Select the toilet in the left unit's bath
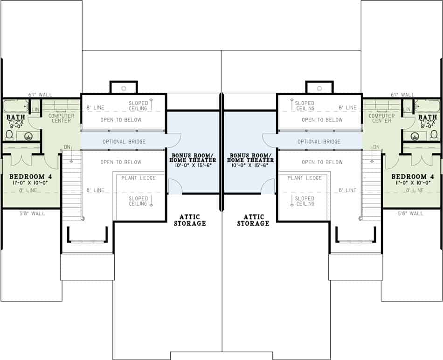[9, 135]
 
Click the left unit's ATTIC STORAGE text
[190, 220]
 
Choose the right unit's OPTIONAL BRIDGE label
[319, 141]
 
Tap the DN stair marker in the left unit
[67, 147]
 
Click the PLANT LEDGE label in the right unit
[305, 178]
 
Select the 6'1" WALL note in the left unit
[40, 95]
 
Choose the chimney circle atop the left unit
[124, 87]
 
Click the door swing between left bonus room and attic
[174, 187]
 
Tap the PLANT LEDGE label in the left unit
[138, 178]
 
